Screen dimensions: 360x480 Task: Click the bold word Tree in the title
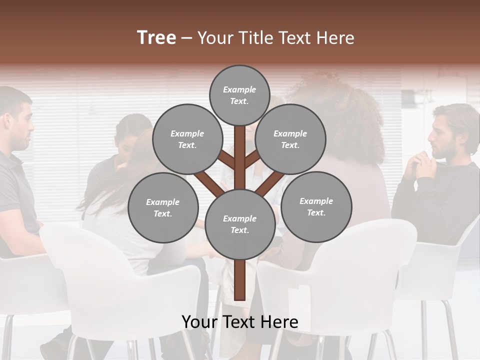[x=156, y=37]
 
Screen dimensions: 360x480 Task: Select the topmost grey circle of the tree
[x=239, y=95]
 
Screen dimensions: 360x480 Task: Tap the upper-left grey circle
[x=187, y=139]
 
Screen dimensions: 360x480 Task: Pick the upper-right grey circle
[x=290, y=139]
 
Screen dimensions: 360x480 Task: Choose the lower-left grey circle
[x=163, y=207]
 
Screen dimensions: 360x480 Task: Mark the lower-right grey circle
[x=316, y=206]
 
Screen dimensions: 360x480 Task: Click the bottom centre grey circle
[x=239, y=224]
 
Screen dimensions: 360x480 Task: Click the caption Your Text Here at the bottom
[x=239, y=322]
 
